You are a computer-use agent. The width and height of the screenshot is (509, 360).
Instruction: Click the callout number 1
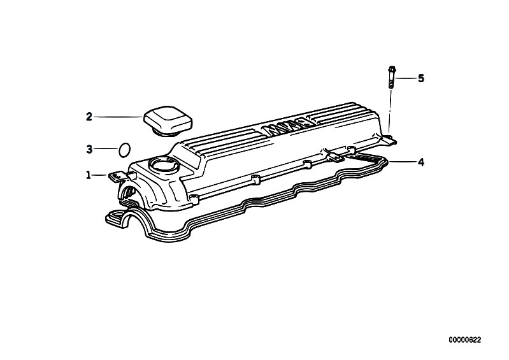tap(89, 175)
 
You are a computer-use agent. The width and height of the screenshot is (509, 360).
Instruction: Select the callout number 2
tap(89, 117)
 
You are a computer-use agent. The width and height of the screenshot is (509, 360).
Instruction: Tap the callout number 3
tap(89, 149)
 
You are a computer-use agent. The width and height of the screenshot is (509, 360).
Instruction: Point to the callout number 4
tap(420, 162)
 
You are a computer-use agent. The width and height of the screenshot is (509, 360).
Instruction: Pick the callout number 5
tap(420, 78)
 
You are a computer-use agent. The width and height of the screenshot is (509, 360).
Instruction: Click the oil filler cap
tap(168, 121)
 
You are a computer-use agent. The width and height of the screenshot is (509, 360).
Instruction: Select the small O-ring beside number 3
tap(124, 150)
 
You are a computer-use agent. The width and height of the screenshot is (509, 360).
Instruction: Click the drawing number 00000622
tap(464, 340)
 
